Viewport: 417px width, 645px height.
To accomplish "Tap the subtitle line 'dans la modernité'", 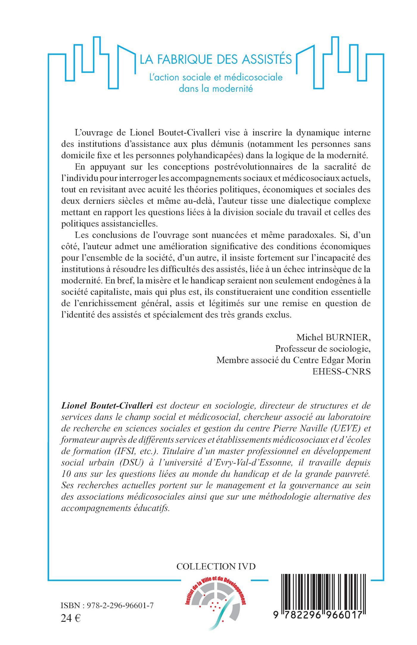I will [216, 89].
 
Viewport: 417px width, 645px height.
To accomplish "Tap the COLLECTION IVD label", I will [216, 566].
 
